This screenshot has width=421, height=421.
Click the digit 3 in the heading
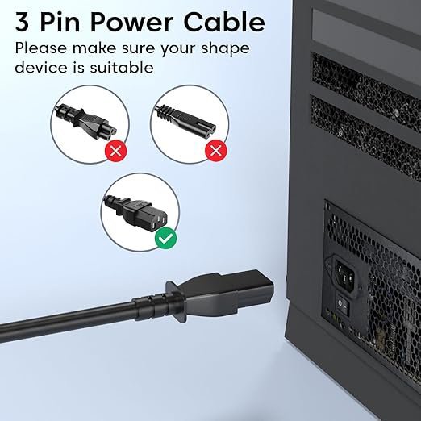click(x=22, y=23)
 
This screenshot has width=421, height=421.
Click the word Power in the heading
click(x=131, y=23)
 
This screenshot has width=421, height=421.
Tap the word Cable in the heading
click(x=225, y=22)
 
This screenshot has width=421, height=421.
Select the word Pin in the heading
click(x=60, y=23)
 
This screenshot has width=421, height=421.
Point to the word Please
click(x=41, y=48)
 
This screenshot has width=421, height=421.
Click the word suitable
click(x=122, y=67)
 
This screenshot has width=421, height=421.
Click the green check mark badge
click(x=165, y=238)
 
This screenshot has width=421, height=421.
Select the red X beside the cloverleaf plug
click(x=116, y=151)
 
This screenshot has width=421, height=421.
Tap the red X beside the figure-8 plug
click(x=216, y=151)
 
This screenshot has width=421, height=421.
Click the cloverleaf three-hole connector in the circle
click(x=86, y=122)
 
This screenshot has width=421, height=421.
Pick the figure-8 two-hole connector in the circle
click(x=185, y=119)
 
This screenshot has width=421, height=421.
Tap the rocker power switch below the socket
click(x=343, y=305)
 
